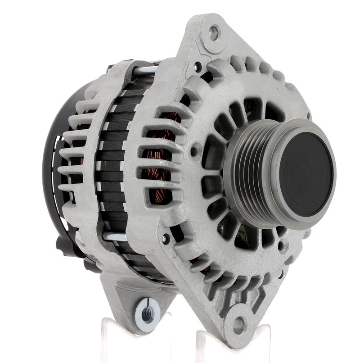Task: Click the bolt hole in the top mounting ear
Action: coord(214,32)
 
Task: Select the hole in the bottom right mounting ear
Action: coord(239,324)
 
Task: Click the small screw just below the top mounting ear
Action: coord(197,68)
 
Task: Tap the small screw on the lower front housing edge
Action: coord(166,239)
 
